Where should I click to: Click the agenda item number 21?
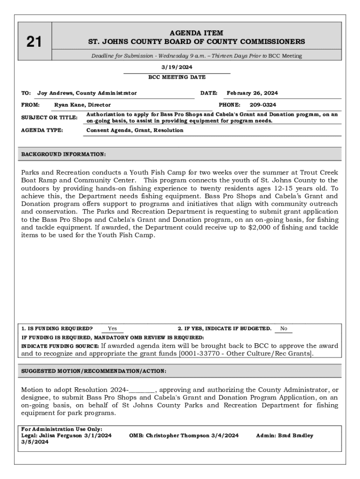[34, 43]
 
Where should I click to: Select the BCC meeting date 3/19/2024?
[177, 67]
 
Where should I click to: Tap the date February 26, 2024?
[252, 93]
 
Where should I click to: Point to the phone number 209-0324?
[262, 105]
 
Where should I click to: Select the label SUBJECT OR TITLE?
[49, 117]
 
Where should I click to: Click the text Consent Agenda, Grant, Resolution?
[135, 131]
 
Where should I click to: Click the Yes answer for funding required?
[113, 329]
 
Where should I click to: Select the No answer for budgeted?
[283, 329]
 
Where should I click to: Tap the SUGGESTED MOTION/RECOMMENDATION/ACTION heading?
[94, 371]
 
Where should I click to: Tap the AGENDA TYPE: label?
[42, 131]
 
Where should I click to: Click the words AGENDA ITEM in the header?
[196, 33]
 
